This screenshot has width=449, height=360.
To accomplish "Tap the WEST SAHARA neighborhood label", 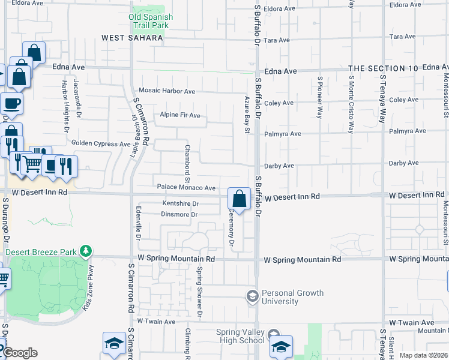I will pos(132,38).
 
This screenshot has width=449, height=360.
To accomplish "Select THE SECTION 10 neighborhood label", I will pos(383,69).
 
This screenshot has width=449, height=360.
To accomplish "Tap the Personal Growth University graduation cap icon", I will pos(253,296).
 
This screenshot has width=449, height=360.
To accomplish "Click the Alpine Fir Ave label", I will pos(180,115).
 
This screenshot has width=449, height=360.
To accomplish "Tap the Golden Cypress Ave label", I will pos(101,144).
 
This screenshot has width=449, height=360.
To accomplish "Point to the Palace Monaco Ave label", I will pos(186,188).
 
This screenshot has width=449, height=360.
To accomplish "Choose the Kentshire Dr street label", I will pos(180,204).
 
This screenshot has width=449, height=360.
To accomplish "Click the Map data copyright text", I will pos(423,355).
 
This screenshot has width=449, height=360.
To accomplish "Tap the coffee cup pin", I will pos(12,103).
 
